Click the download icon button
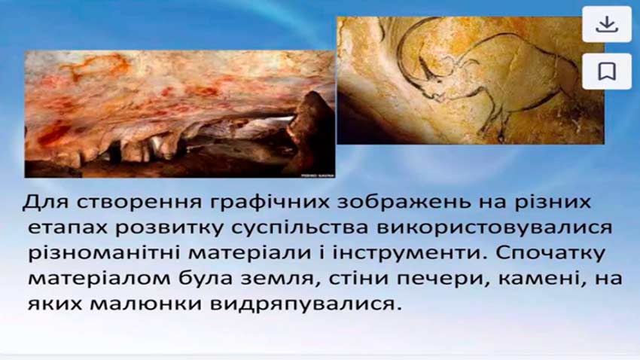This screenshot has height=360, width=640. [x=607, y=24]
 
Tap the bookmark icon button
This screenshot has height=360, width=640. [x=607, y=72]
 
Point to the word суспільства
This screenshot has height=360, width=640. [x=300, y=228]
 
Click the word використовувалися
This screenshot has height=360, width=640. [x=494, y=228]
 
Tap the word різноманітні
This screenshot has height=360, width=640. [x=104, y=253]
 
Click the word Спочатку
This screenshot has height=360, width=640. [x=550, y=253]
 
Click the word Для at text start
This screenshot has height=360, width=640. [x=45, y=203]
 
